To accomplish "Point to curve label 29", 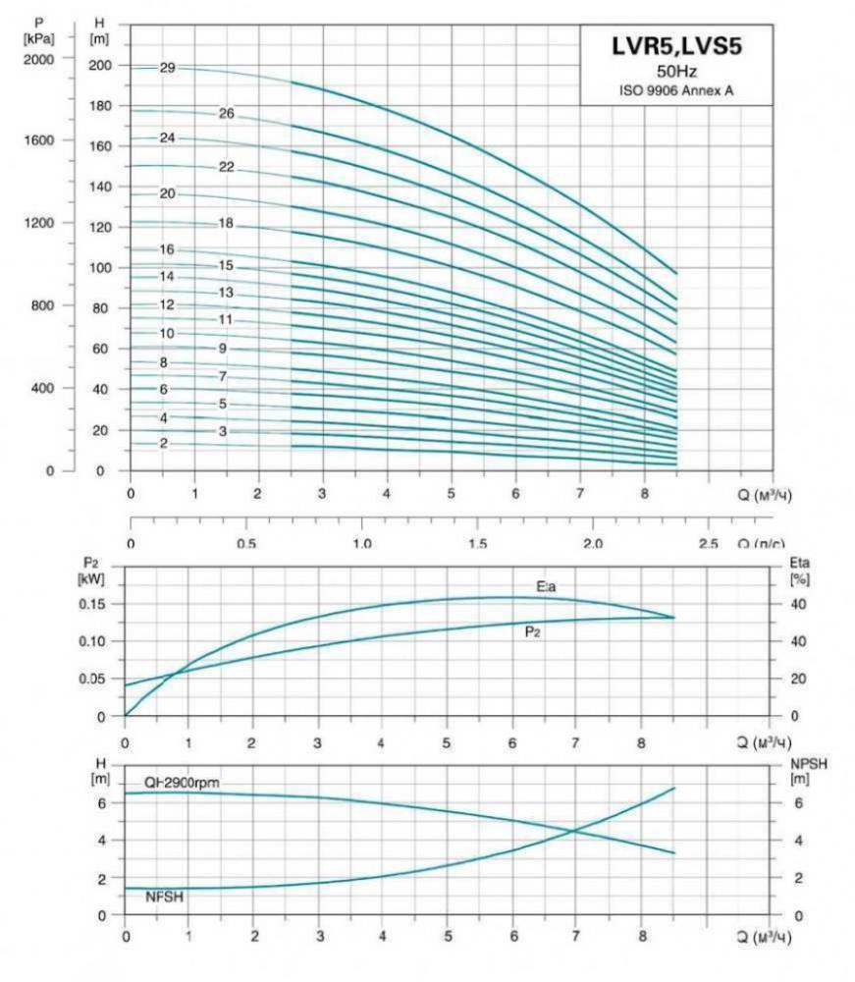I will tap(167, 68).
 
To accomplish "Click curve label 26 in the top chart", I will tap(226, 114).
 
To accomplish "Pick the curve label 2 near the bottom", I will tap(164, 444).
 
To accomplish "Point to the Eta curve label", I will tap(547, 586).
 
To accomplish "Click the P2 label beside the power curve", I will tap(532, 632).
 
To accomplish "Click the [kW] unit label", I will tap(91, 578).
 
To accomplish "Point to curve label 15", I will tap(226, 265).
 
